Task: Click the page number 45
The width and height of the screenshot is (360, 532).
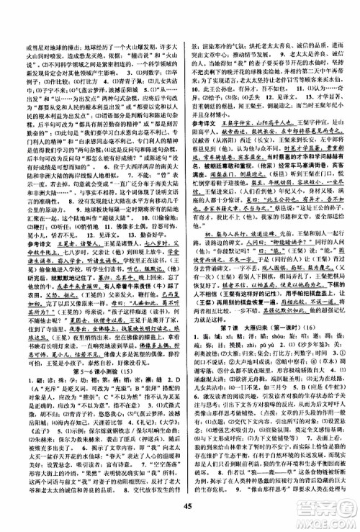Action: tap(180, 519)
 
